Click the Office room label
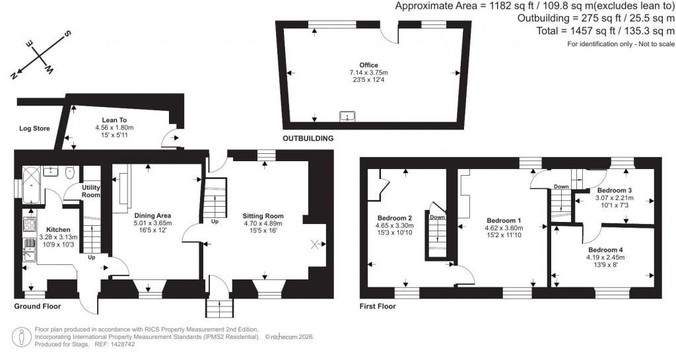369,64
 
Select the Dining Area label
153,215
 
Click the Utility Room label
90,191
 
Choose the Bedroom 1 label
504,221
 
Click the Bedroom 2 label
395,218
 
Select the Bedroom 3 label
615,190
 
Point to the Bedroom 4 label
605,250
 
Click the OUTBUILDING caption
308,139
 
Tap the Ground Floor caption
38,306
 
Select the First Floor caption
378,306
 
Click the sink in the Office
347,117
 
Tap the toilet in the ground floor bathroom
71,171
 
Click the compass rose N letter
14,75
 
